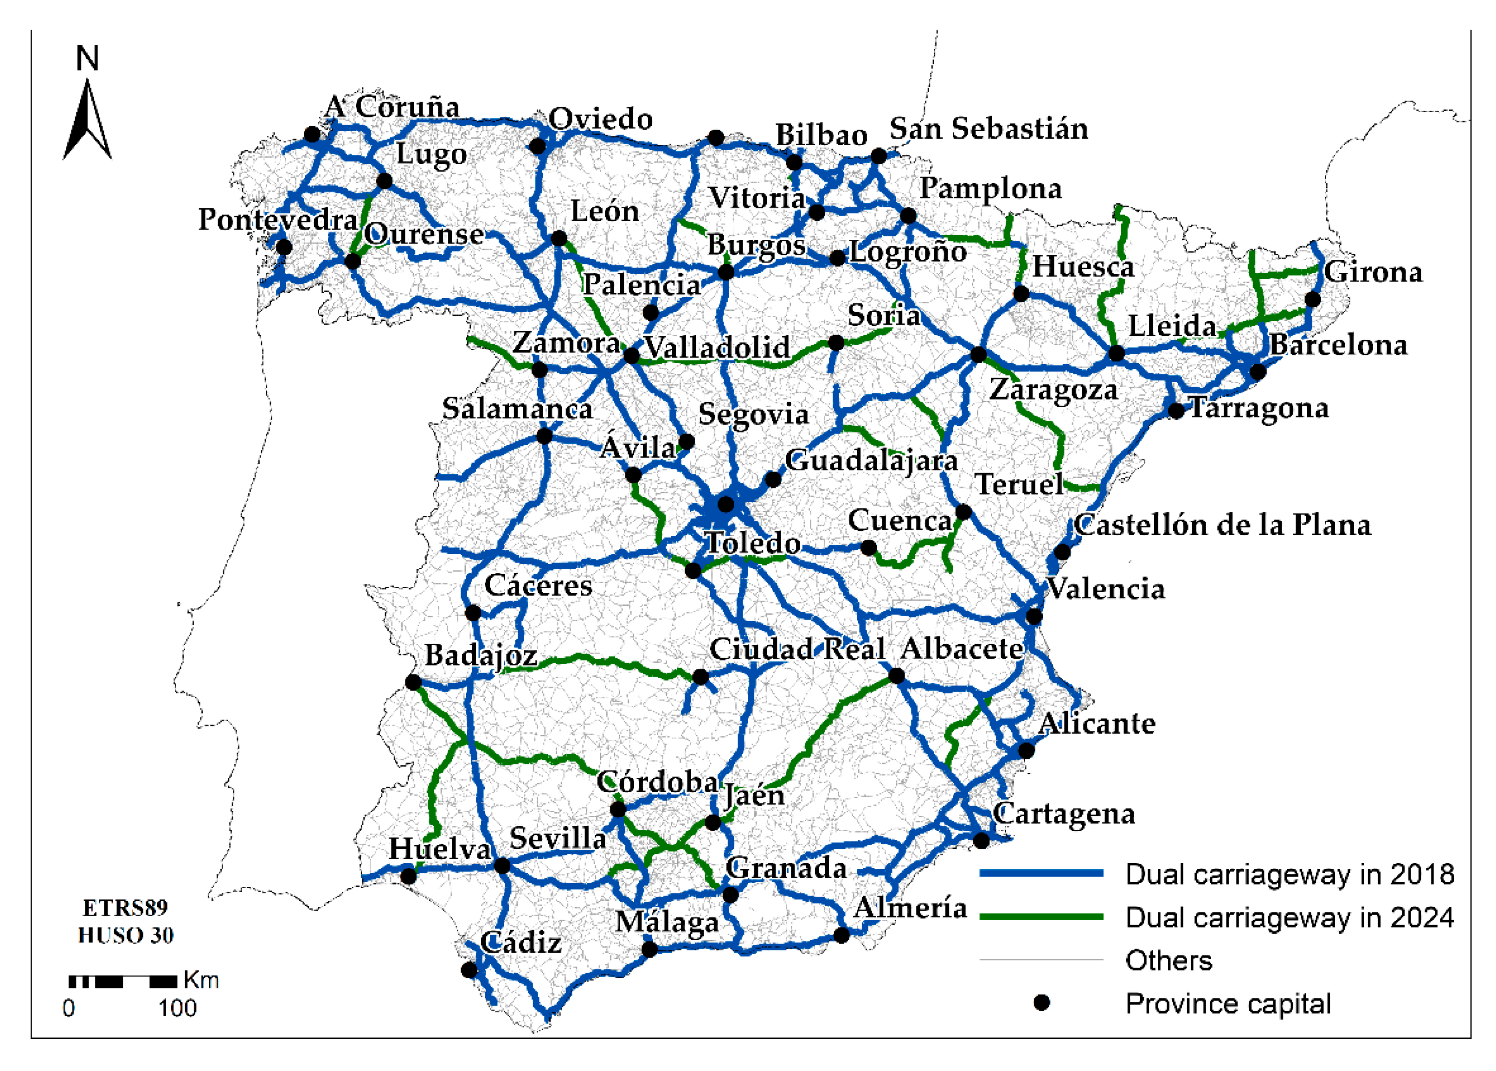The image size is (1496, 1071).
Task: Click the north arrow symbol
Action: pyautogui.click(x=87, y=122)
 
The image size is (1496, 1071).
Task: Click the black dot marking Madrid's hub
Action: pyautogui.click(x=725, y=505)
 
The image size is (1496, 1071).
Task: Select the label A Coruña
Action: pyautogui.click(x=392, y=107)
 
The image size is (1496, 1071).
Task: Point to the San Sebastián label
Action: pyautogui.click(x=988, y=128)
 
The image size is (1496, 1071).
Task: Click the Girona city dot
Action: pyautogui.click(x=1313, y=299)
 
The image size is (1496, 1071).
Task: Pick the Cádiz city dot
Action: pyautogui.click(x=469, y=970)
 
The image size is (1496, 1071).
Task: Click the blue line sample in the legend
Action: pyautogui.click(x=1041, y=873)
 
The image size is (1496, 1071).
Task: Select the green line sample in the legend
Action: pyautogui.click(x=1041, y=917)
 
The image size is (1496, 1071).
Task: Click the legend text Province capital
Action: pyautogui.click(x=1227, y=1004)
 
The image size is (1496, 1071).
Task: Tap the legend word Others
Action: pyautogui.click(x=1168, y=961)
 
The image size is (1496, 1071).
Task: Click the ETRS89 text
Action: pyautogui.click(x=125, y=908)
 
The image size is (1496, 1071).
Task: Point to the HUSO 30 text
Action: pyautogui.click(x=125, y=935)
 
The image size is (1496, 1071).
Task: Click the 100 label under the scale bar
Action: pyautogui.click(x=177, y=1008)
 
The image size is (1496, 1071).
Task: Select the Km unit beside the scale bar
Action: pyautogui.click(x=201, y=980)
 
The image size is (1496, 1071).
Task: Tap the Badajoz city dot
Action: pyautogui.click(x=413, y=683)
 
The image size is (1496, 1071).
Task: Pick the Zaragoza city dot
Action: pyautogui.click(x=978, y=355)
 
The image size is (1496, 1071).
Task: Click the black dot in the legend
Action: pyautogui.click(x=1041, y=1003)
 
